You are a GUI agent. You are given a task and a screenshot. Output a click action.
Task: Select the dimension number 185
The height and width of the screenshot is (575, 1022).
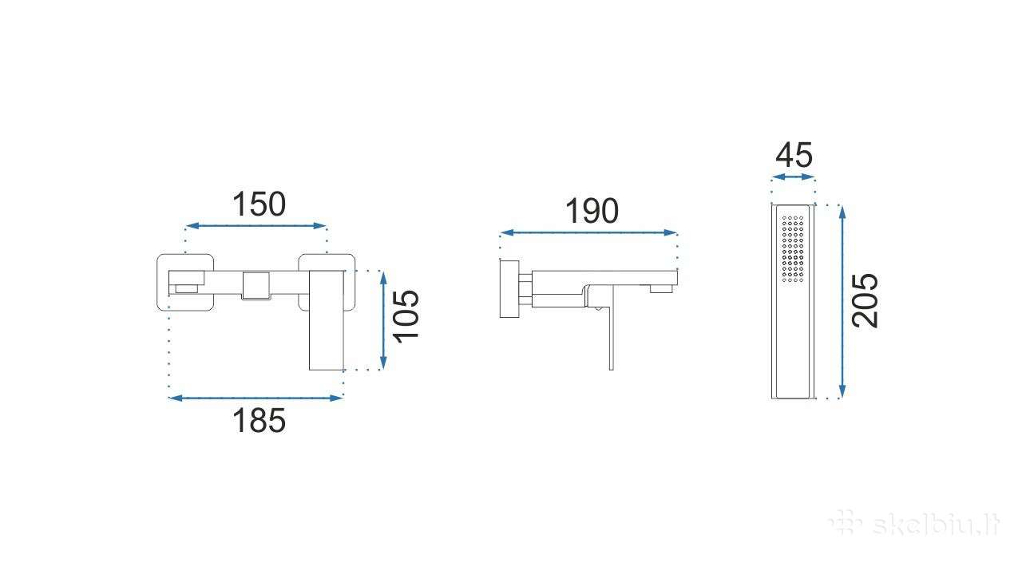coord(259,420)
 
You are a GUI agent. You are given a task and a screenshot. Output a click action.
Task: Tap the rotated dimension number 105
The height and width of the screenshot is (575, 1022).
coord(406,316)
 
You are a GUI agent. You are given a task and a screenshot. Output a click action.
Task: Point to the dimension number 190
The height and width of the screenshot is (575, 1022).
coord(592,212)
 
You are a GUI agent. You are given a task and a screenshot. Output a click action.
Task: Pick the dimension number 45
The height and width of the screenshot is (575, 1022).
coord(794,155)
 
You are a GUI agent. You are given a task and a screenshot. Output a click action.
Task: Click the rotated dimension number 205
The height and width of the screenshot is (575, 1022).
coord(865,300)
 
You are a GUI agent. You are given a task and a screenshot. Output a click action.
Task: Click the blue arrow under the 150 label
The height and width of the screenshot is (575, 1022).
coord(256,225)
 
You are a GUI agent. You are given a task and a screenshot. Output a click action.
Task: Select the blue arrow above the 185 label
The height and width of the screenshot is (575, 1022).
coord(255,398)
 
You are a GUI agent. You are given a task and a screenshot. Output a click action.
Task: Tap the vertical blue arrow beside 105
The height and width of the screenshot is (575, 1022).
coord(383,320)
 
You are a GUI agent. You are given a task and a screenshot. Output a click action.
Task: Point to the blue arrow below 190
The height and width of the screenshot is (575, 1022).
coord(588,232)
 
